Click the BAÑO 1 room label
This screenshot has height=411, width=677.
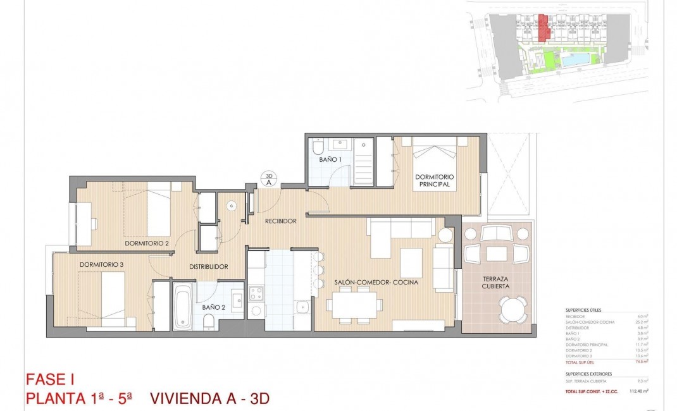point(330,160)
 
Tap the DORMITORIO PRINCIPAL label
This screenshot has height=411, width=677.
point(434,181)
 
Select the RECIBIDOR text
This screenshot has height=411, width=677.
point(280,221)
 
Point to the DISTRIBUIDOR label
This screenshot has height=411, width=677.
point(208,267)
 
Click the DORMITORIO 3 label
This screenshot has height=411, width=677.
point(101,264)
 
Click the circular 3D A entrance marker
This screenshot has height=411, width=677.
point(268,179)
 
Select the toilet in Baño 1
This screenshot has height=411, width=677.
point(318,147)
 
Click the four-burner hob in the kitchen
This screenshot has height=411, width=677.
point(256,293)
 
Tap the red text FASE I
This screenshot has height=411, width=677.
point(50,379)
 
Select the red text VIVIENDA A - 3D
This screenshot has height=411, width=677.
point(209,398)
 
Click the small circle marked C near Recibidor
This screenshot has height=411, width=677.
point(232,205)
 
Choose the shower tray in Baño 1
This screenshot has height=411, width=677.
point(363,161)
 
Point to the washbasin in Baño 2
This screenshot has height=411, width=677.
point(237,298)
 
